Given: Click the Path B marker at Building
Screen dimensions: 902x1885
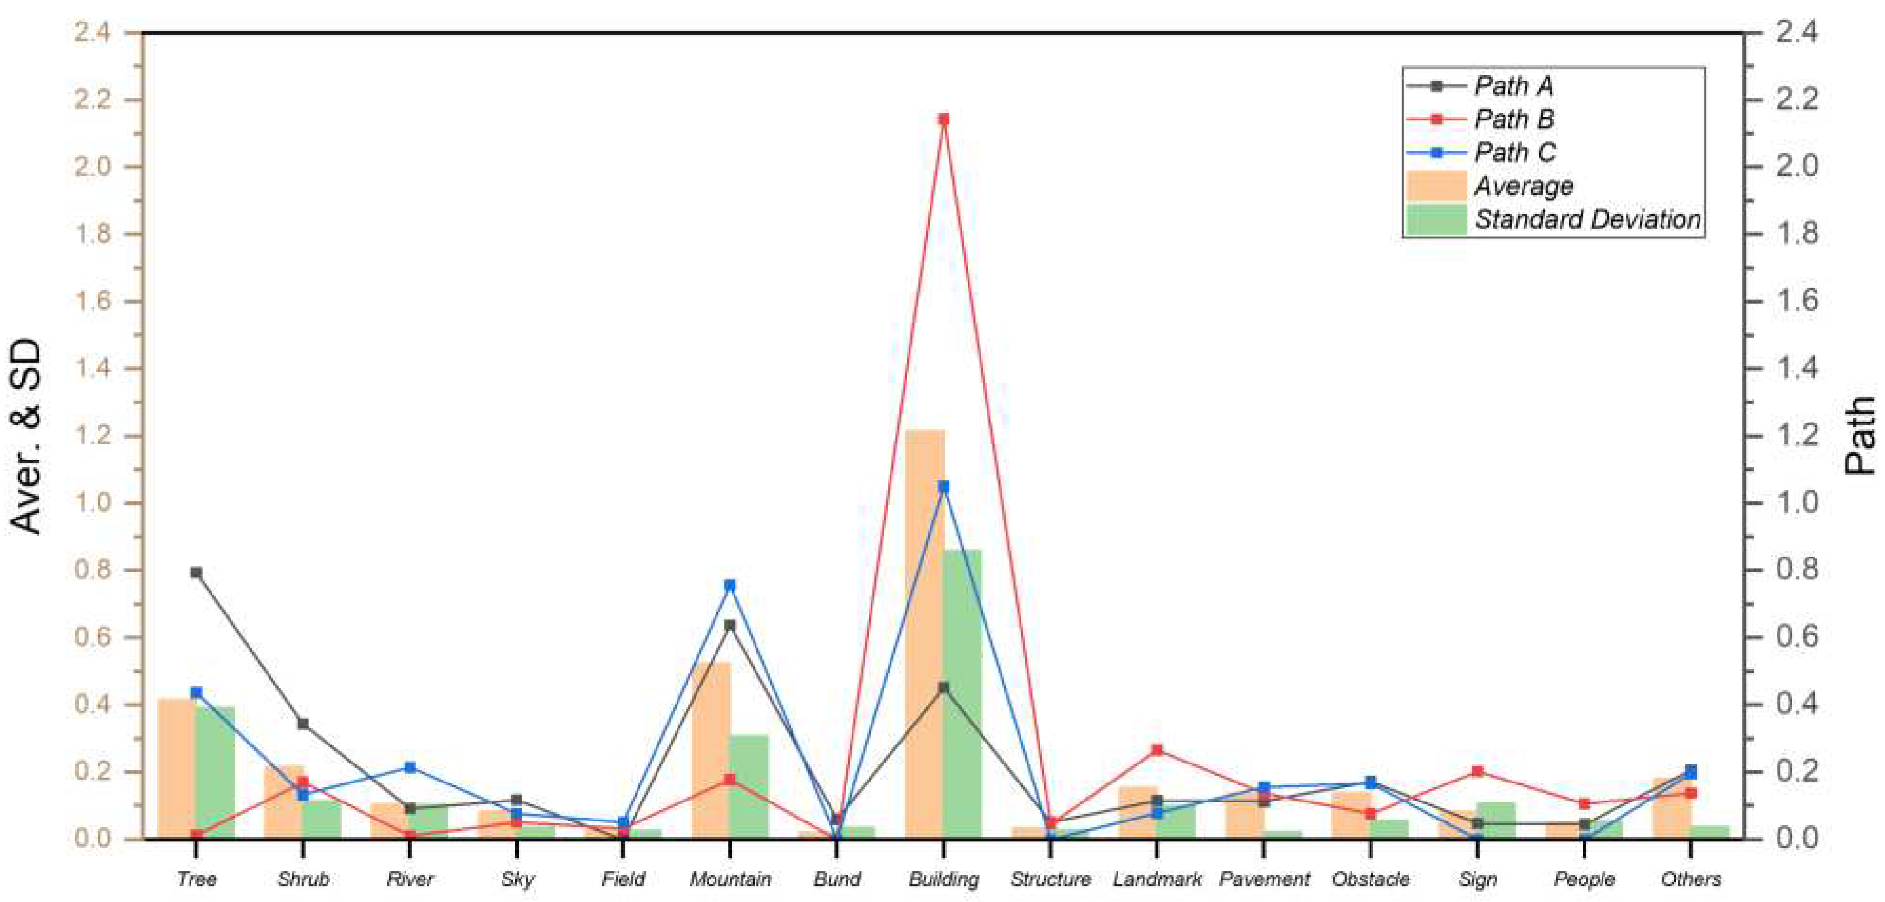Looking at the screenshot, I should [x=943, y=119].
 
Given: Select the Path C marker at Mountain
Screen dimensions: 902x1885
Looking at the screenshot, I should [x=730, y=585].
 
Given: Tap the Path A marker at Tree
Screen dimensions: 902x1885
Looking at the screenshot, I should [x=196, y=573].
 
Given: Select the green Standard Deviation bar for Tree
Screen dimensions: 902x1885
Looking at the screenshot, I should [x=215, y=772].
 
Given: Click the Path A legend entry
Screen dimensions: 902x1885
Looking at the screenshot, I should [x=1513, y=86].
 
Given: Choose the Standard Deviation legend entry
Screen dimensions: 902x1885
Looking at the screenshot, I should [x=1586, y=219].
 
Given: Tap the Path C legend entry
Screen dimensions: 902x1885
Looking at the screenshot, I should [x=1515, y=153].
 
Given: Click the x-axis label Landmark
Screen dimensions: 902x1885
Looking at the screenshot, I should [x=1157, y=879].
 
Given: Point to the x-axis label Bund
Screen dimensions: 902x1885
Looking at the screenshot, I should [x=836, y=879].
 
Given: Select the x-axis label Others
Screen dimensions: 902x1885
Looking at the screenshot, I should [x=1690, y=879].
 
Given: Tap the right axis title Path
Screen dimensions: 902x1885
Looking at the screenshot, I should [x=1860, y=436].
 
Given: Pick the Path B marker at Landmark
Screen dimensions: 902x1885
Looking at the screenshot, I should [x=1157, y=751].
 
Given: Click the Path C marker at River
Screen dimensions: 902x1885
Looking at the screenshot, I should [x=410, y=768].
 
